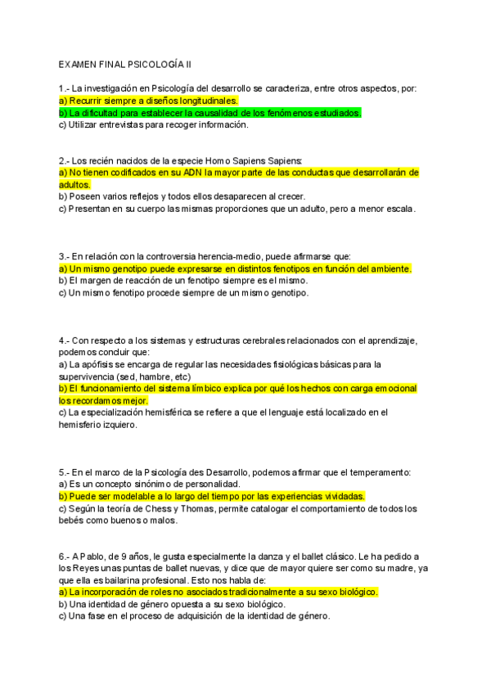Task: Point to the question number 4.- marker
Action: click(x=64, y=340)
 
